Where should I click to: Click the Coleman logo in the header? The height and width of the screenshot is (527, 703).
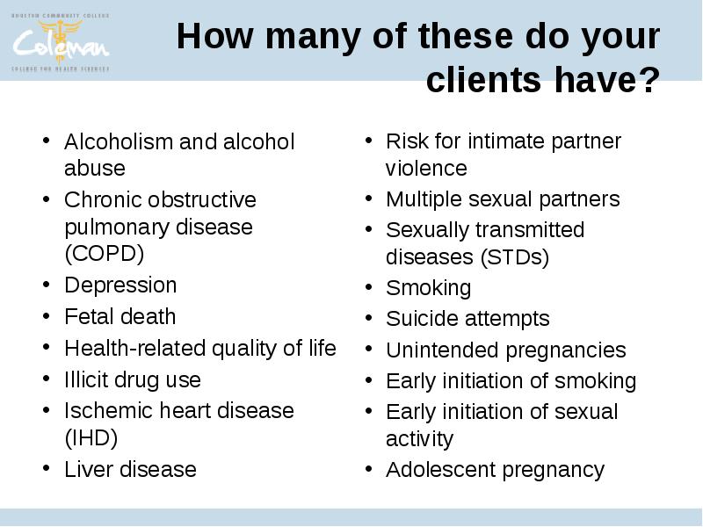pyautogui.click(x=61, y=42)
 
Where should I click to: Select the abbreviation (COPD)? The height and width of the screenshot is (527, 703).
pyautogui.click(x=104, y=254)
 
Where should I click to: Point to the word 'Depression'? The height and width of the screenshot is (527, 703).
pyautogui.click(x=120, y=285)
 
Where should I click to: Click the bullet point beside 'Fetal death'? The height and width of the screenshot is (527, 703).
pyautogui.click(x=47, y=316)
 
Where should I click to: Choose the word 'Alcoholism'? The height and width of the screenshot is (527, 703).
pyautogui.click(x=119, y=141)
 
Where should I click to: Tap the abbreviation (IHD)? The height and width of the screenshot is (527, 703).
pyautogui.click(x=91, y=437)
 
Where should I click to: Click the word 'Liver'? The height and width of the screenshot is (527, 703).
pyautogui.click(x=89, y=469)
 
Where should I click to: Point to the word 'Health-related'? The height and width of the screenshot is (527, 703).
pyautogui.click(x=135, y=348)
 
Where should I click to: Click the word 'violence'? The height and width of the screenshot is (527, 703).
pyautogui.click(x=426, y=169)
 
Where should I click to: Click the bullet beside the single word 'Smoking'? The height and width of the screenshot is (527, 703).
pyautogui.click(x=368, y=287)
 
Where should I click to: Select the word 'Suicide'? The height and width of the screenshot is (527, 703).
pyautogui.click(x=422, y=319)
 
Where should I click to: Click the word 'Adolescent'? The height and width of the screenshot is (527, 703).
pyautogui.click(x=441, y=470)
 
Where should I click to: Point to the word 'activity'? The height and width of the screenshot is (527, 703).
pyautogui.click(x=420, y=438)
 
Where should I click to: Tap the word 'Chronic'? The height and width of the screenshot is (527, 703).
pyautogui.click(x=103, y=200)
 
